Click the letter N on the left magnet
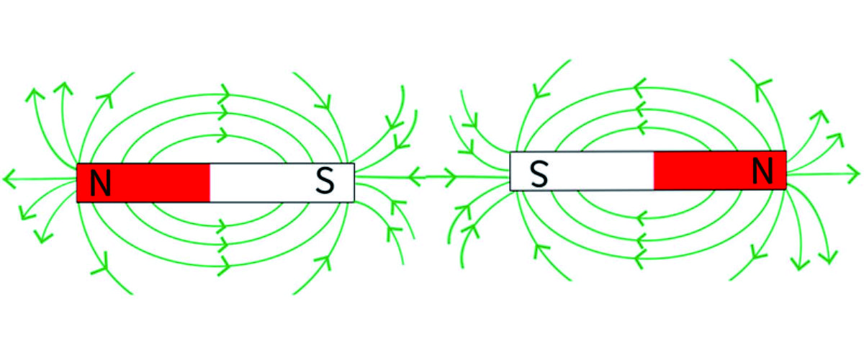coord(101,182)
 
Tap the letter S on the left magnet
coord(325,181)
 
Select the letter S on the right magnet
coord(539,174)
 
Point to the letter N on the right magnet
coord(762,171)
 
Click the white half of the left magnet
coord(282,182)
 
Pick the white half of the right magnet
coord(582,171)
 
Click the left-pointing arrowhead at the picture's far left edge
coord(9,179)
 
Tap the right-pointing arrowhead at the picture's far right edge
coord(852,174)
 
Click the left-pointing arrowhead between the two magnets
coord(415,177)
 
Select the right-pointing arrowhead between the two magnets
coord(450,178)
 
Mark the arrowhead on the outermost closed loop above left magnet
coord(224,94)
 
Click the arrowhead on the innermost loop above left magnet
coord(222,135)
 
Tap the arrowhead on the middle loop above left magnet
coord(222,114)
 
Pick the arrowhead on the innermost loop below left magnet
coord(222,225)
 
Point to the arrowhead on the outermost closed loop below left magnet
coord(224,266)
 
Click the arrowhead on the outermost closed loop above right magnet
coord(640,89)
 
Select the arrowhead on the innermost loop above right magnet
coord(642,127)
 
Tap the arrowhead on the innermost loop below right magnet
coord(641,218)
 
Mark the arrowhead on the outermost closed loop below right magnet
coord(640,258)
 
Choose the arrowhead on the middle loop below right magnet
coord(641,241)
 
